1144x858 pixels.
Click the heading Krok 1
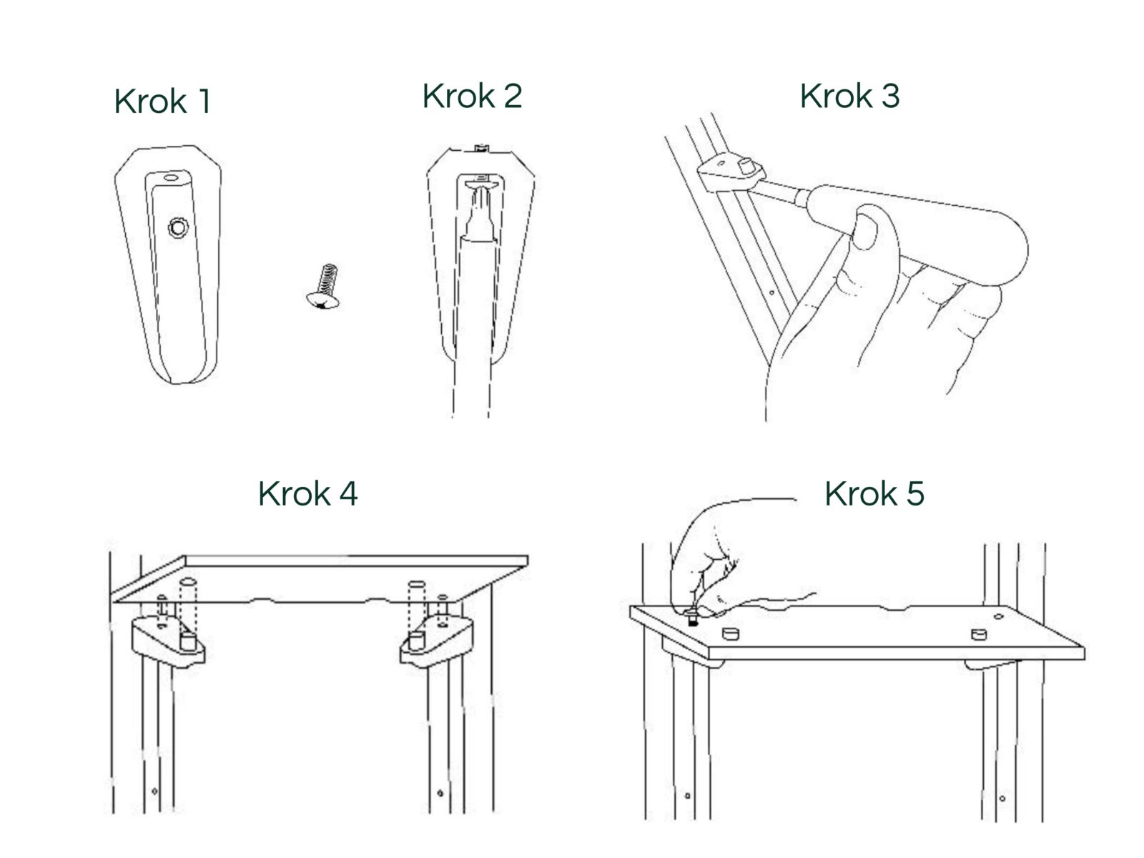point(162,101)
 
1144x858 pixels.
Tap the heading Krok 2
point(472,96)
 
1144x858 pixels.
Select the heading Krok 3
point(849,96)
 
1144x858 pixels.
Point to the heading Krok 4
point(308,493)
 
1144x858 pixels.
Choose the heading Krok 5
point(874,493)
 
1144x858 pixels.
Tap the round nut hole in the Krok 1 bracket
point(178,227)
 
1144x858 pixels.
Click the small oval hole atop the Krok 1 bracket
point(170,177)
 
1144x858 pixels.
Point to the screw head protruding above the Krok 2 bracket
point(482,149)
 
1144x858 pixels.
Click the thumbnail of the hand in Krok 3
point(866,231)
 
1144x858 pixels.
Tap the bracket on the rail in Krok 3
point(731,174)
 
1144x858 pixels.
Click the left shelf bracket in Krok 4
point(168,640)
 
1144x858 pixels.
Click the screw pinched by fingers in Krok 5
point(693,616)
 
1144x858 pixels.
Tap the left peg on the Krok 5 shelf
point(731,633)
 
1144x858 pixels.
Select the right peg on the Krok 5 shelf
point(979,634)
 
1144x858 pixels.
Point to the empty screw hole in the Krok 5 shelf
point(999,617)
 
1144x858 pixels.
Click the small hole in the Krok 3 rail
point(772,292)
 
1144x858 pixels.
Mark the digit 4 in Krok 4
point(348,494)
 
